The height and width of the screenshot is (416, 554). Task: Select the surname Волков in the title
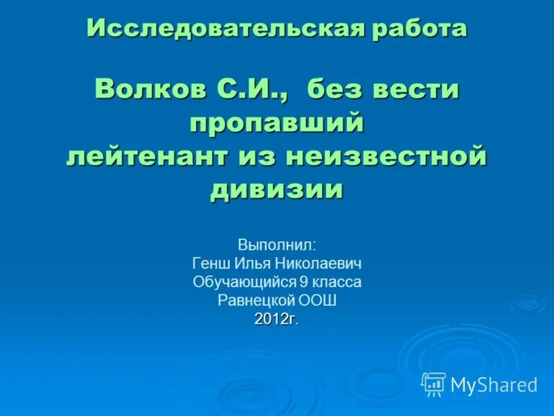point(146,89)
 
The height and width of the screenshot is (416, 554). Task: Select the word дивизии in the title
point(277,189)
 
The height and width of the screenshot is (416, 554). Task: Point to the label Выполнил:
point(277,245)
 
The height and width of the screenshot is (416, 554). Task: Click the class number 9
point(303,282)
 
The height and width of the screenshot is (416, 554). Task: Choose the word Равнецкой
point(256,301)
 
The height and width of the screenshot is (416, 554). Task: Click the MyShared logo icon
point(434,383)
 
